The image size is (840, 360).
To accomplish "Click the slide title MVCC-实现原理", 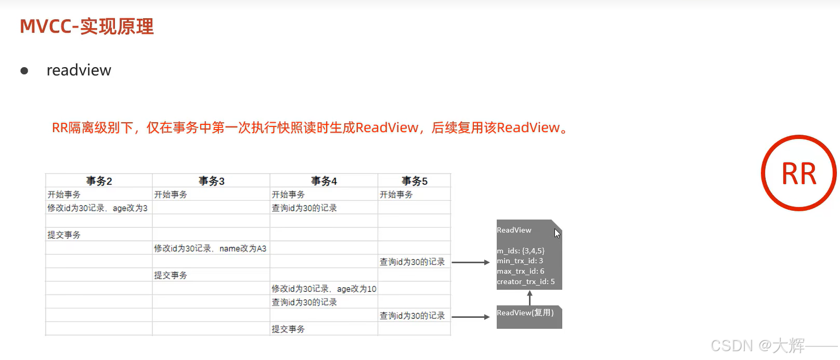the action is pos(87,27).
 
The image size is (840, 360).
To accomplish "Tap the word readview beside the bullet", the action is pos(79,70).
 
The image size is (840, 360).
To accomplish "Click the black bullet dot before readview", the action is pos(24,71).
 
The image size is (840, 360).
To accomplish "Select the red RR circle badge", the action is pos(798,173).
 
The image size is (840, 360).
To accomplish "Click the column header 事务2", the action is pos(99,181).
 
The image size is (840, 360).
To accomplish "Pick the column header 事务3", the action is pos(211,181).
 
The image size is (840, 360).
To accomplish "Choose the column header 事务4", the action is pos(324,181).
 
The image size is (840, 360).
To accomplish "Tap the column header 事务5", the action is pos(414,181).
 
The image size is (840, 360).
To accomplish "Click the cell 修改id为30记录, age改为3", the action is pos(97,208).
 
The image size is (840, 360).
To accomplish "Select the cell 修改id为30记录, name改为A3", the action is pos(210,249).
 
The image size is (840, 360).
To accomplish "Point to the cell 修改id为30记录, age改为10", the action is pos(324,289).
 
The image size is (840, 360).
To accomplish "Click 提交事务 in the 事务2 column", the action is pos(64,235).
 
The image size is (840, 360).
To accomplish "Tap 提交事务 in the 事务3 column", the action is pos(171,275).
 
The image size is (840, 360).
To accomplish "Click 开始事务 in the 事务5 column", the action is pos(396,195).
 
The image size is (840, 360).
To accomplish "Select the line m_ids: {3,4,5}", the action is pos(521,251).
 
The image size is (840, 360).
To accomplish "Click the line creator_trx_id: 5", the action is pos(526,282).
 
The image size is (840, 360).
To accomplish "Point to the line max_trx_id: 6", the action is pos(521,272).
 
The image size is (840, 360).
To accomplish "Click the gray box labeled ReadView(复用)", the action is pos(529,316).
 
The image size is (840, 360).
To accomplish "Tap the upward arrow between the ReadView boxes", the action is pos(529,298).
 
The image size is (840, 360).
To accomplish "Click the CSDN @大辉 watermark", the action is pos(757,345).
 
